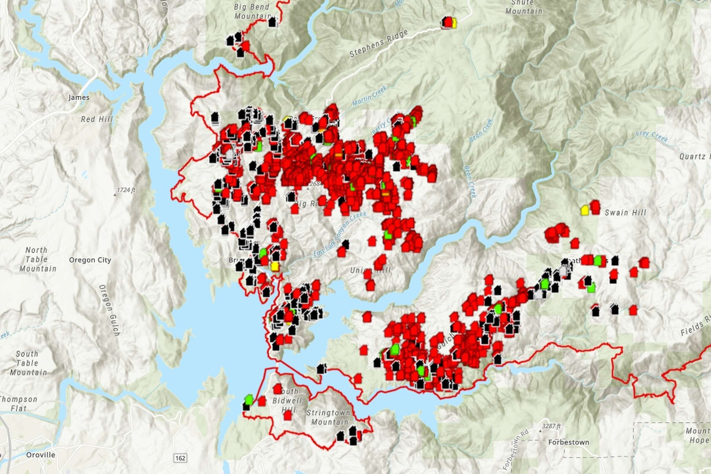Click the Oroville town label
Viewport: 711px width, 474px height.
[41, 455]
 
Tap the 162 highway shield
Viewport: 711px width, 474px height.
[180, 458]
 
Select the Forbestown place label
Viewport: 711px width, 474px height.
[569, 442]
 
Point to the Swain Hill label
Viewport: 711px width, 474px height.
[625, 213]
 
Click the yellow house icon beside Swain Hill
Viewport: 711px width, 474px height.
[585, 210]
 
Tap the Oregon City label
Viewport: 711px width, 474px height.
[90, 260]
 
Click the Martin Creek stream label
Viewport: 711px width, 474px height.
[369, 96]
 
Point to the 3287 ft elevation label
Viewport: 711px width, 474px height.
[551, 426]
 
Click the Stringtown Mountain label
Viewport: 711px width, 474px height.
[328, 417]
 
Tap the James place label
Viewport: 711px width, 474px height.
[79, 97]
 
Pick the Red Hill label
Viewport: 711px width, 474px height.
[97, 119]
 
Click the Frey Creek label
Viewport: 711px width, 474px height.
[652, 136]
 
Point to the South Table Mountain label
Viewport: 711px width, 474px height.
[28, 363]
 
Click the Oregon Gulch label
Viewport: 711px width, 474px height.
[110, 310]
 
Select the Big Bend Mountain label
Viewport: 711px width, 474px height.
[252, 11]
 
